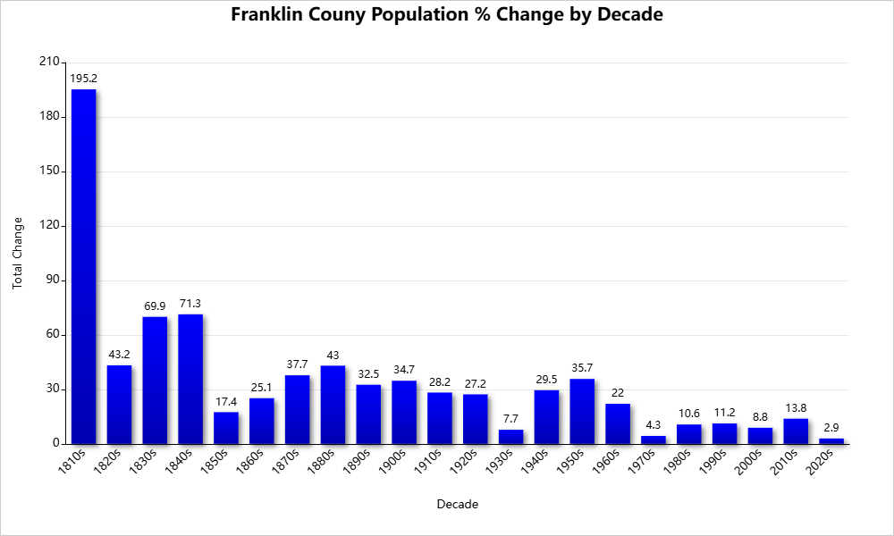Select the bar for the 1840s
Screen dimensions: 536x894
190,379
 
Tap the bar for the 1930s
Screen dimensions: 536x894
511,437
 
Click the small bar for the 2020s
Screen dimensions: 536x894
831,441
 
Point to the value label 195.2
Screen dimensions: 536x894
84,79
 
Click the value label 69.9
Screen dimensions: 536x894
155,306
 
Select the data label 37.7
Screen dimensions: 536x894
298,364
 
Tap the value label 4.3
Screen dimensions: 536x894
654,425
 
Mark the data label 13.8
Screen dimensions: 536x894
796,408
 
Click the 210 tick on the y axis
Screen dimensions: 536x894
49,63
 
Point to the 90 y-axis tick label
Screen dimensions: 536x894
52,281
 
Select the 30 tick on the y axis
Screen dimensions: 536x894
52,389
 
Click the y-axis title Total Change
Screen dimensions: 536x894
17,253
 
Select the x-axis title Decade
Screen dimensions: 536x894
457,505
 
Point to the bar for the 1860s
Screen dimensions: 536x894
262,421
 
